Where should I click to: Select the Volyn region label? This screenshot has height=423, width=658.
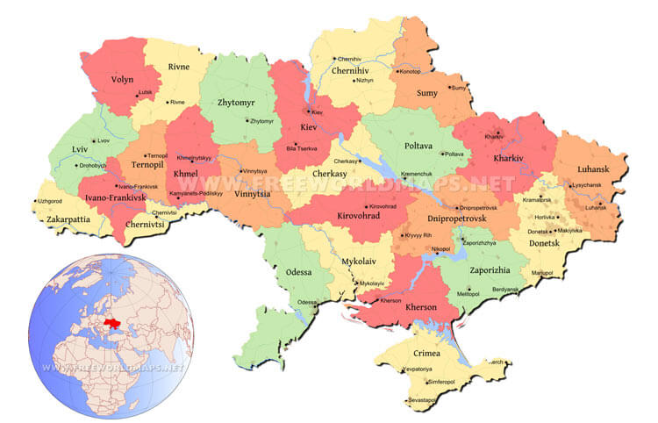click(122, 79)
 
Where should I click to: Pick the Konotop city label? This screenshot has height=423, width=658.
click(410, 71)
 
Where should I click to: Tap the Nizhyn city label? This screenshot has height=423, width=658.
click(363, 80)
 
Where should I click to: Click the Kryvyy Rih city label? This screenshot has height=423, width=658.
click(418, 235)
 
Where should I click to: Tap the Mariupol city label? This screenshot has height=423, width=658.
click(542, 272)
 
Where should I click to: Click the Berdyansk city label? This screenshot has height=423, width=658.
click(505, 289)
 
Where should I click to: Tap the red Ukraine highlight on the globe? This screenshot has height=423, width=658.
click(111, 324)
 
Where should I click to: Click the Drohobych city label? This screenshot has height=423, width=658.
click(91, 165)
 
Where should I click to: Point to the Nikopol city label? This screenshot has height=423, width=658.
click(440, 249)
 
